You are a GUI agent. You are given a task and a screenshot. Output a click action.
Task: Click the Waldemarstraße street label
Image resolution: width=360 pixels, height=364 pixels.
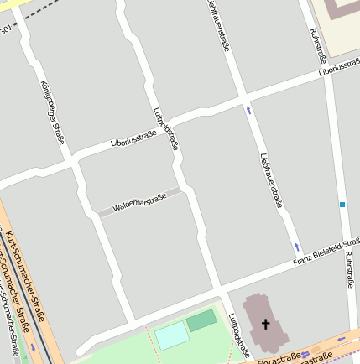[x=139, y=202]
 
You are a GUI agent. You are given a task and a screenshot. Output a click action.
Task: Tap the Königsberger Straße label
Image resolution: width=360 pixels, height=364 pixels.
[x=52, y=112]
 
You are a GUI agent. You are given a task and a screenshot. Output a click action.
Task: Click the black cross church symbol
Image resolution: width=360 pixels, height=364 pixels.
[x=267, y=324]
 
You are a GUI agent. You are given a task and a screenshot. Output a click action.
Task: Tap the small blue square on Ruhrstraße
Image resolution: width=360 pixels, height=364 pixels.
[x=342, y=204]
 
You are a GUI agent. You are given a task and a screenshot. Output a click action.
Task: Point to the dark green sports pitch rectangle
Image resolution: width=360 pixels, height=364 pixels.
[x=201, y=320]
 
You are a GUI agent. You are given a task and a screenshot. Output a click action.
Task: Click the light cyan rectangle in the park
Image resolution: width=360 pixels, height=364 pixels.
[x=172, y=335]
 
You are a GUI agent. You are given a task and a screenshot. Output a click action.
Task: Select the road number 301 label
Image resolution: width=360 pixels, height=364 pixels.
[x=6, y=30]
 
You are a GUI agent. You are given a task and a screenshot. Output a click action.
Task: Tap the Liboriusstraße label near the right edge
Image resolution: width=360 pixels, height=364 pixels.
[x=339, y=70]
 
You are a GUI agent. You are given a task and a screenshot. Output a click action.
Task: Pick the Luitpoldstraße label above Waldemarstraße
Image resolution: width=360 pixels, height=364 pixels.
[x=165, y=128]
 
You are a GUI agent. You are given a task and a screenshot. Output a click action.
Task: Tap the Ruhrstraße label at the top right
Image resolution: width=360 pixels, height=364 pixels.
[x=317, y=45]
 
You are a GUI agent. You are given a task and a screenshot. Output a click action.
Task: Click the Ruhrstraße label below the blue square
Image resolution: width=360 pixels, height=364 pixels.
[x=348, y=273]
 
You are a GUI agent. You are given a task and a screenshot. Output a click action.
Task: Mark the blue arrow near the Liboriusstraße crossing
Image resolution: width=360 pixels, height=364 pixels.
[x=248, y=109]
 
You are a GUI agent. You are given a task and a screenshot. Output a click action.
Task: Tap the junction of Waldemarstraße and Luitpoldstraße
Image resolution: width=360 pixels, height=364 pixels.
[x=183, y=189]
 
